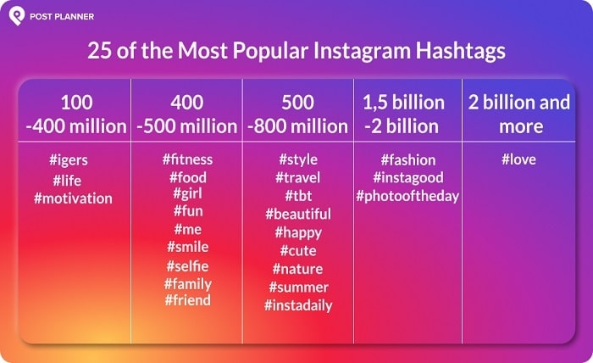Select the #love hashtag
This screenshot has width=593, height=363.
pos(518,159)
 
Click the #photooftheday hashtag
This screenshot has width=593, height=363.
pos(407,196)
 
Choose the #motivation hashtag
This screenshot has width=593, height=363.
pos(73,198)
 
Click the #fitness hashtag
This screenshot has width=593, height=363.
pos(187,159)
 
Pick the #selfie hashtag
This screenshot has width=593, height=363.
pos(188,266)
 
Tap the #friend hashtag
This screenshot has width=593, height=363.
pos(187,300)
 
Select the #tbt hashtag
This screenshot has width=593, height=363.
pos(297,195)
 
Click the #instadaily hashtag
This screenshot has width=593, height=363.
pos(298,305)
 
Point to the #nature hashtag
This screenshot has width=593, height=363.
pos(297,269)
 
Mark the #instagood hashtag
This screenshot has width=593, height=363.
pos(407,177)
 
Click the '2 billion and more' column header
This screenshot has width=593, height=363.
pos(519,114)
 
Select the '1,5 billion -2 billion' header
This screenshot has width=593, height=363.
pos(403,114)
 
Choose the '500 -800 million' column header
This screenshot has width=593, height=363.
pos(297,114)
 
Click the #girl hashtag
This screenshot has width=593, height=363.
pos(187,194)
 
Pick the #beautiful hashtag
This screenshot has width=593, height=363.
pos(297,214)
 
